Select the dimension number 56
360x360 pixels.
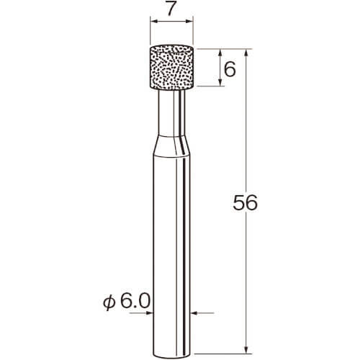[245, 203]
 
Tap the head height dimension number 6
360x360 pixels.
[230, 69]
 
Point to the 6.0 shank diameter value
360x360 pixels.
[135, 302]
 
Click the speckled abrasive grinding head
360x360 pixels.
[171, 68]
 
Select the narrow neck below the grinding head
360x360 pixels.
[171, 113]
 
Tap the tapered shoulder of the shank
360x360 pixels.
[171, 146]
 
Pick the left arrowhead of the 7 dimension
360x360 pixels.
[153, 22]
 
